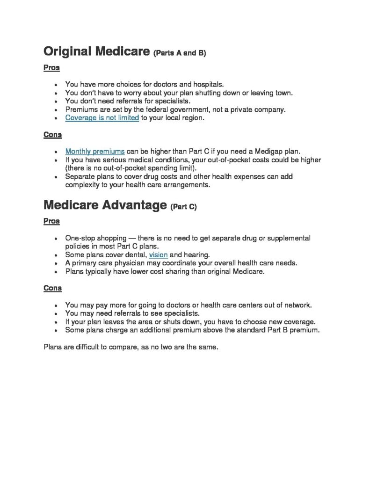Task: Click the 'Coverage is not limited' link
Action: pyautogui.click(x=102, y=118)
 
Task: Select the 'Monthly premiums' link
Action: pyautogui.click(x=95, y=152)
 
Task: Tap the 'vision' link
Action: pyautogui.click(x=158, y=255)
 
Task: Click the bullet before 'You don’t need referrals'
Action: pyautogui.click(x=56, y=101)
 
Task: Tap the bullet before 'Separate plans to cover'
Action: pyautogui.click(x=56, y=177)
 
